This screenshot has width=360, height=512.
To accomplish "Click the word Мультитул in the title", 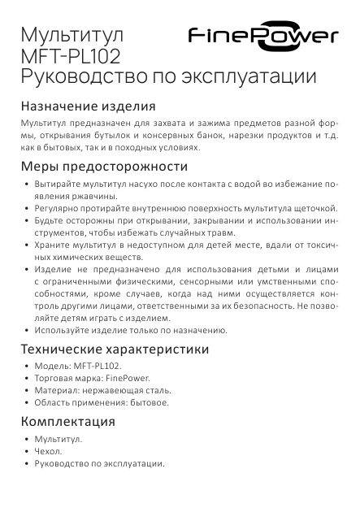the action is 72,37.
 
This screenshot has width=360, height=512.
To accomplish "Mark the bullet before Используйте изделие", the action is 27,331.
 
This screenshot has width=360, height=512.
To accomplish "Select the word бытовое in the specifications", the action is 149,402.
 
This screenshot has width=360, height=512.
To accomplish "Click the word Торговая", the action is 54,378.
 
